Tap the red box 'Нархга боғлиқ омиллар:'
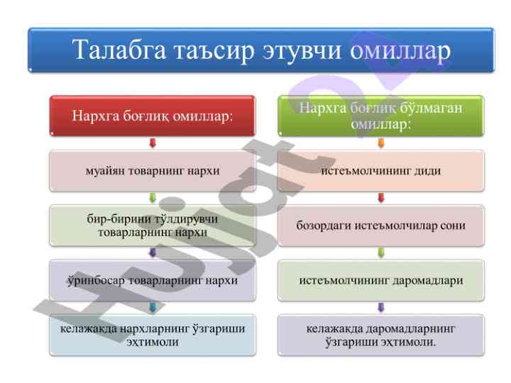pos(152,116)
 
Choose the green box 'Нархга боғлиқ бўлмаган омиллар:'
pos(380,116)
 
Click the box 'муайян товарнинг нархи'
pos(152,171)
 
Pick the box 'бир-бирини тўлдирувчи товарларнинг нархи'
pos(152,226)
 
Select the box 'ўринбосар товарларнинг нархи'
pos(152,280)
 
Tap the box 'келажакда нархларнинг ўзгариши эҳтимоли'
pos(152,335)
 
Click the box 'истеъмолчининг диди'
pos(380,171)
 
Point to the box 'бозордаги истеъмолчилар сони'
pos(380,226)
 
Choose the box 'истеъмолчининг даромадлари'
pos(380,280)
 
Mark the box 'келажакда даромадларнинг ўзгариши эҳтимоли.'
pos(380,335)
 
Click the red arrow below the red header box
pos(152,143)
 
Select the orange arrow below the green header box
pos(380,143)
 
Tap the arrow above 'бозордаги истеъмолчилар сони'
pos(380,198)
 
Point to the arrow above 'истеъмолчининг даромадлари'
pos(380,252)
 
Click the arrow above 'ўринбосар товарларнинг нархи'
pos(152,252)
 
